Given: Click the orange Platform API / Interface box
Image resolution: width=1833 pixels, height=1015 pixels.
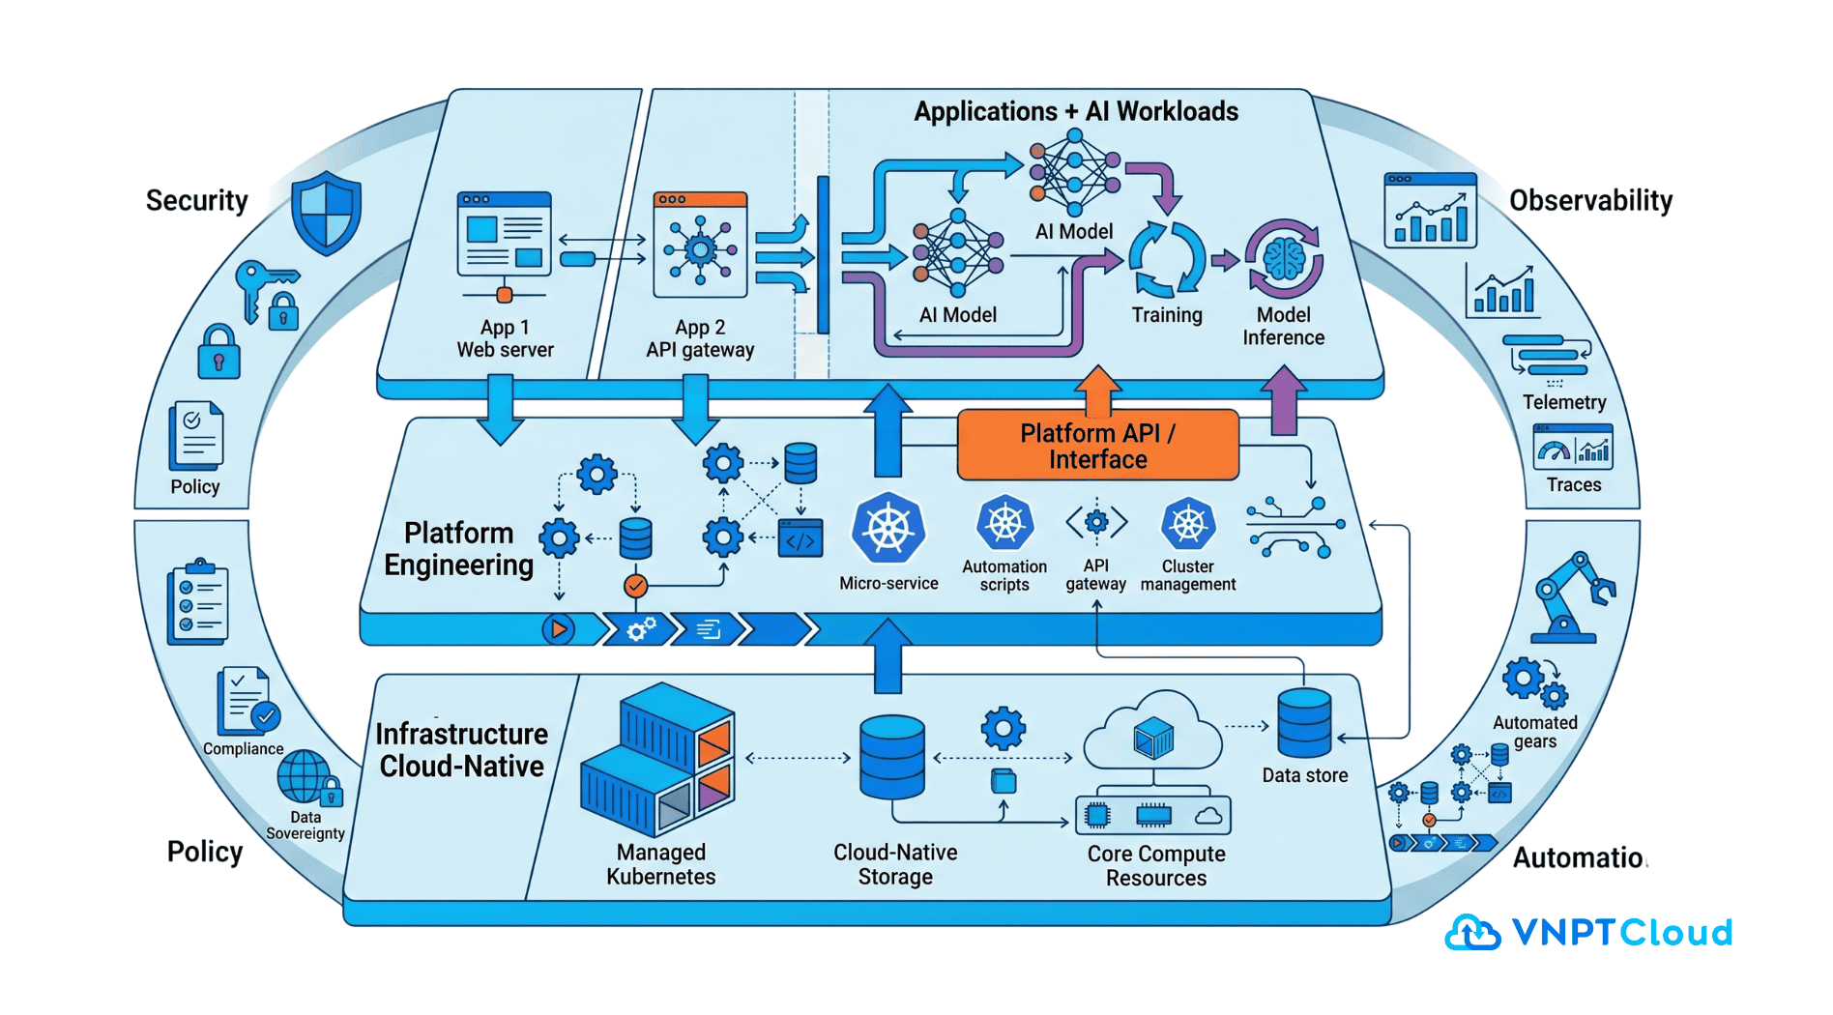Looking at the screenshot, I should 1097,446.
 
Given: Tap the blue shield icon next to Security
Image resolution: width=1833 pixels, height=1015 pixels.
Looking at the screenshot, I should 327,213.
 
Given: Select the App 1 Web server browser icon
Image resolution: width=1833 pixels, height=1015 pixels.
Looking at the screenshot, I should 504,234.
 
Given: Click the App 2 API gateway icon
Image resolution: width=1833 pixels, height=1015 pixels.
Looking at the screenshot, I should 700,246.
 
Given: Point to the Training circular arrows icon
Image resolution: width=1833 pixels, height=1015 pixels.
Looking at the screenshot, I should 1167,259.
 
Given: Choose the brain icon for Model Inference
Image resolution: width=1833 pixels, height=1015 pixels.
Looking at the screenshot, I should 1284,259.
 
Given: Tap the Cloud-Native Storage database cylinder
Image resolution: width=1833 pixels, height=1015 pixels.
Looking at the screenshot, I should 891,757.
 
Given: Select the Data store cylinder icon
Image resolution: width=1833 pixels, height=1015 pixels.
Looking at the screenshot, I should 1304,723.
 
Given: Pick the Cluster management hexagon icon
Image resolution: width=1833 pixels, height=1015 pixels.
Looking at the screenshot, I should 1187,525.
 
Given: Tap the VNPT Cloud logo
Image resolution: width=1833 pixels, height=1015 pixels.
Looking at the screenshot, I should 1588,933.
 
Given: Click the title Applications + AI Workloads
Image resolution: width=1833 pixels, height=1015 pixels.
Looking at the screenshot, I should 1075,111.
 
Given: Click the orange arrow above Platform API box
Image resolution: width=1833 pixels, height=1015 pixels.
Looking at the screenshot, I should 1097,389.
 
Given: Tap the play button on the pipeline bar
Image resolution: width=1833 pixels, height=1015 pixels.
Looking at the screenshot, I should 558,629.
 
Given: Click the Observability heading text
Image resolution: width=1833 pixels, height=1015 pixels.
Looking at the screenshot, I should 1590,200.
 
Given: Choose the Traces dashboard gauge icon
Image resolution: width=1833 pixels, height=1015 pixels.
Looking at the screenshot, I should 1573,449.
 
